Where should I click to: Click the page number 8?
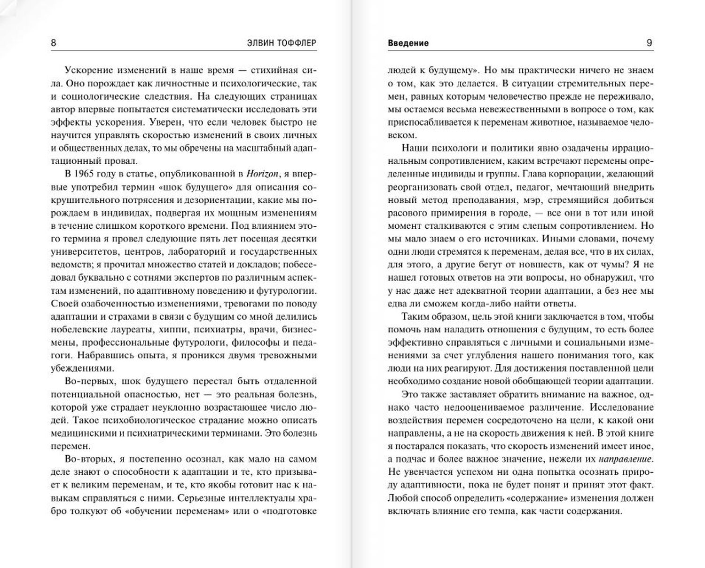(53, 43)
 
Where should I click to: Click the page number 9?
(650, 43)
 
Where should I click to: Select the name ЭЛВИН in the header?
(255, 43)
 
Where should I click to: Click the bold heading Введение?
(408, 43)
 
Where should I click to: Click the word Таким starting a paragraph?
(415, 317)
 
